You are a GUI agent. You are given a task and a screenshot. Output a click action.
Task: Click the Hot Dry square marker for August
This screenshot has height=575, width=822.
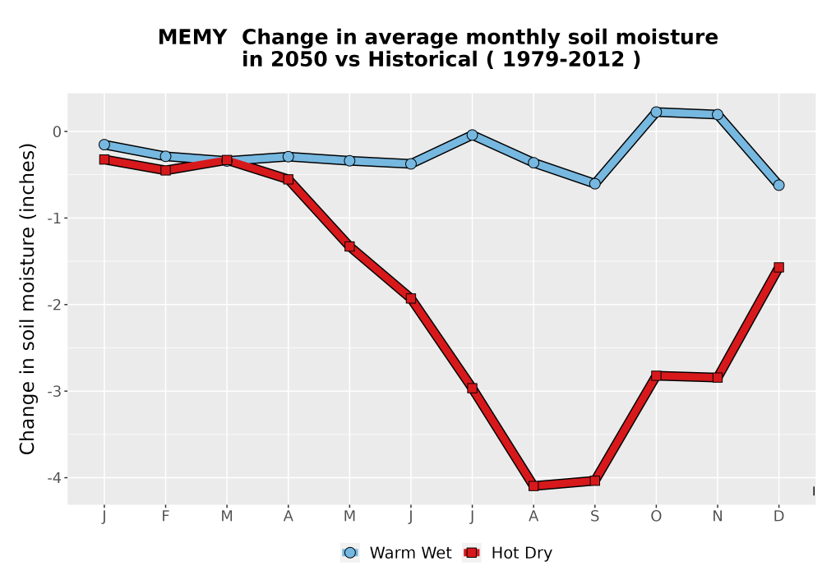533,485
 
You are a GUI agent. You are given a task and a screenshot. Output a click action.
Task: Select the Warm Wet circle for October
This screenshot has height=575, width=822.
656,112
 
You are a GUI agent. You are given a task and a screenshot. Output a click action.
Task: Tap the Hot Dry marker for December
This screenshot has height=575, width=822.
779,267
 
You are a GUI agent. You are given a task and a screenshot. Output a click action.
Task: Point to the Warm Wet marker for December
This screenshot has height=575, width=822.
779,185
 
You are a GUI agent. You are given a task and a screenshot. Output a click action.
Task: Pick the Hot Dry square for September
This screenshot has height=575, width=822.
595,481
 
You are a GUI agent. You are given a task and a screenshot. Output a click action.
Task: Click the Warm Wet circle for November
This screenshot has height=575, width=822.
718,114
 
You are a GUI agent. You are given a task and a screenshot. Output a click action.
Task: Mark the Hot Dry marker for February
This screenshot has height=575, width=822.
166,170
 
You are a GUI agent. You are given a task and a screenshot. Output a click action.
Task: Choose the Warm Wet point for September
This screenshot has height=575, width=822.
595,184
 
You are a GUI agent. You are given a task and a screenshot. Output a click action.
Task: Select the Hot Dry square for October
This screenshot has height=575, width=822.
656,375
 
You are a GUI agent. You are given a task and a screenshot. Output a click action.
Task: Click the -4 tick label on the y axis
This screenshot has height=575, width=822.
54,477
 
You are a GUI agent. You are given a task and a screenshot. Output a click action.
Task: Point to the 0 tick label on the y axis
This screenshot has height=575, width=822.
58,131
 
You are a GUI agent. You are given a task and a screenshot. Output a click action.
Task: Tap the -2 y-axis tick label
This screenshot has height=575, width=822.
54,305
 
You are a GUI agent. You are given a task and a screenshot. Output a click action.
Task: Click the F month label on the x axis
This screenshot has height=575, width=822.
166,517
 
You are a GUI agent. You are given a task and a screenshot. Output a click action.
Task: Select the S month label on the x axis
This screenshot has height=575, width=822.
595,517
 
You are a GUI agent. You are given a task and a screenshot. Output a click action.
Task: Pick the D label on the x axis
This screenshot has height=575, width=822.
779,517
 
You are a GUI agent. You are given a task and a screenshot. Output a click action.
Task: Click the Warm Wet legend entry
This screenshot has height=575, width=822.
396,553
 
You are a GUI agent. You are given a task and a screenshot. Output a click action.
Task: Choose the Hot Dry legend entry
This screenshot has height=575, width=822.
507,553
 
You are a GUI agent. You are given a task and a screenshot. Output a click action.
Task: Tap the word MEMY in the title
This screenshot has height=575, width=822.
192,38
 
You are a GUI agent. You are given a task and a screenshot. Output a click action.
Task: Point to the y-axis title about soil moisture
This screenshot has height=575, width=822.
27,299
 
